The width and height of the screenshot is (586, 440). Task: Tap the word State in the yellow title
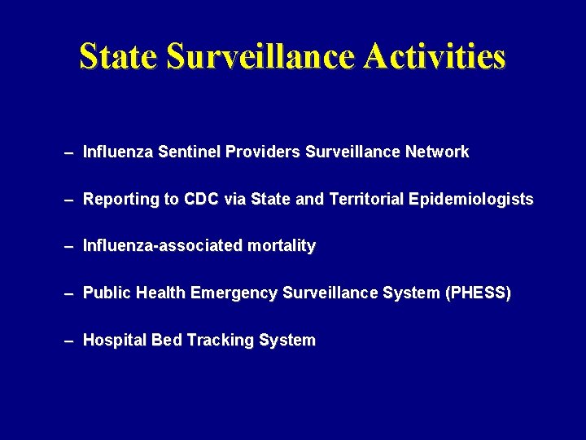(119, 57)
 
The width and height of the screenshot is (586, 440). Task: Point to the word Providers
(263, 152)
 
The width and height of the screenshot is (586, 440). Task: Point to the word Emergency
(234, 293)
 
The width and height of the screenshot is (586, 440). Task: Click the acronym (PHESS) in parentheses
(479, 293)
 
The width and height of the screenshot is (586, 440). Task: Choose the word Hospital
(115, 341)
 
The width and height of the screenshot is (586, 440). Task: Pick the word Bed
(167, 341)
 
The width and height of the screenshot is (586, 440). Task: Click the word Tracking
(220, 341)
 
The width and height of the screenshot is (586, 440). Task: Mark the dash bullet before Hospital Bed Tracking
(70, 341)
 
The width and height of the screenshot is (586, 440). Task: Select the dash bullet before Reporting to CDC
(70, 200)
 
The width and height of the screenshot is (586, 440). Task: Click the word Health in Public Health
(161, 293)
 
